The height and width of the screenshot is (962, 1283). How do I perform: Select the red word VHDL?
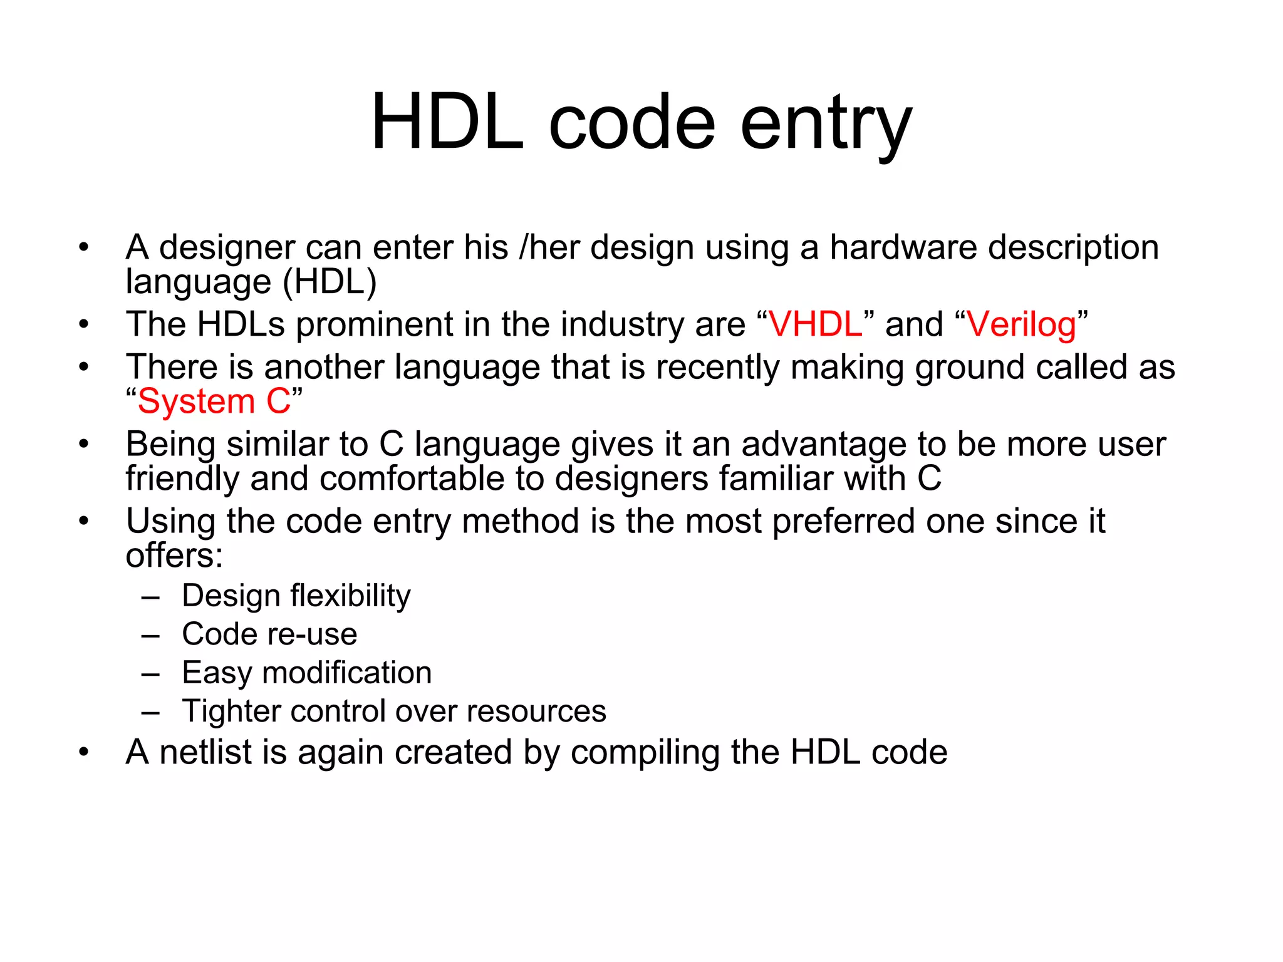tap(815, 324)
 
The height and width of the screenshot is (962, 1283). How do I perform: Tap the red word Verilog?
tap(1021, 324)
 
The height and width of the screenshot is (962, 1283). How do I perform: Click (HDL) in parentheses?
tap(330, 282)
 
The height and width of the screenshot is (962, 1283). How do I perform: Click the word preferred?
tap(843, 521)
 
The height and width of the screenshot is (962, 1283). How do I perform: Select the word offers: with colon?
tap(174, 556)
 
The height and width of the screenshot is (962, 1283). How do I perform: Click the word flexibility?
tap(350, 595)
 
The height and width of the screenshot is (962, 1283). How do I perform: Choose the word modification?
tap(347, 673)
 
